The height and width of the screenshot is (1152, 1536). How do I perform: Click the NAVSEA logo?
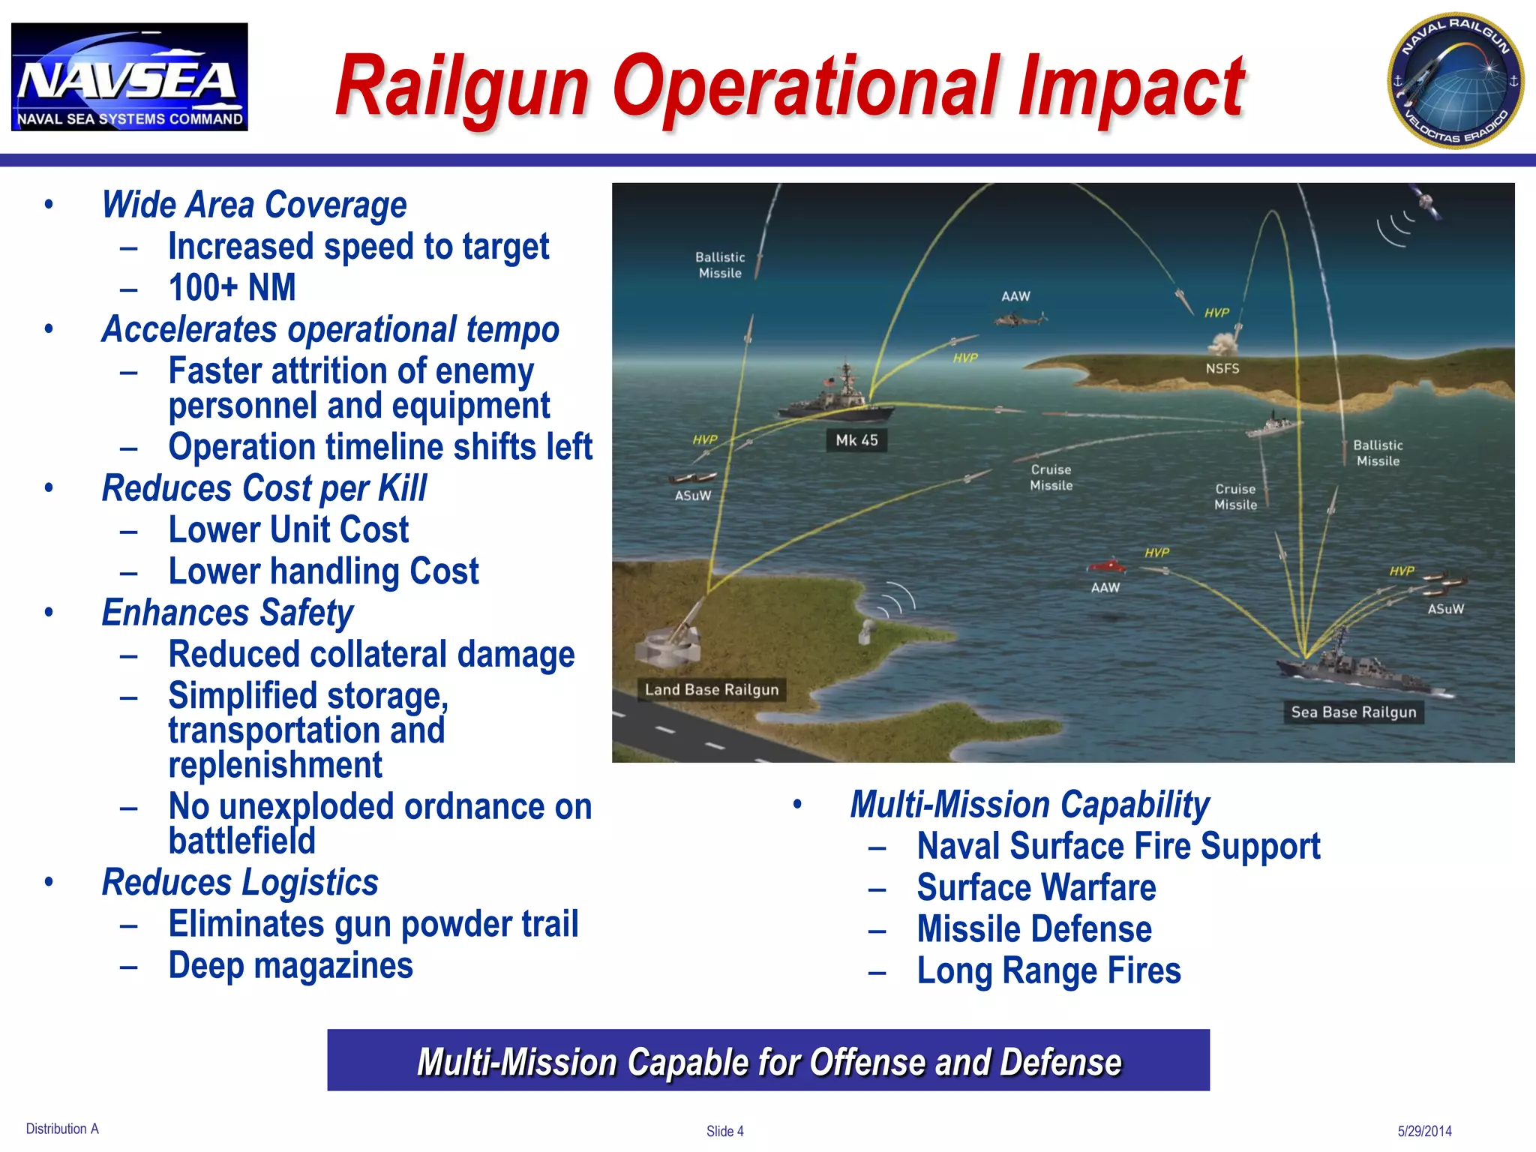[129, 76]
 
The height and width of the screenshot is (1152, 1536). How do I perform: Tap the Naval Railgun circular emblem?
[1454, 80]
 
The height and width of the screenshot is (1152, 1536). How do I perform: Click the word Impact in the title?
[1131, 87]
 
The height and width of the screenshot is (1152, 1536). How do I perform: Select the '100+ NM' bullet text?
[232, 287]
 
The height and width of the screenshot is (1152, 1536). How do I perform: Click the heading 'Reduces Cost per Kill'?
[264, 488]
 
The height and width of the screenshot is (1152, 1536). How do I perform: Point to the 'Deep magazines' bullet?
[290, 965]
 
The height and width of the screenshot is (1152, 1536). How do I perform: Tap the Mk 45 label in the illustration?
[856, 440]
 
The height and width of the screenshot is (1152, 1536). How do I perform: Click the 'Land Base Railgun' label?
[712, 689]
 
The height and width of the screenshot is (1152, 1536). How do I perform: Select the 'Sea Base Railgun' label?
[1353, 712]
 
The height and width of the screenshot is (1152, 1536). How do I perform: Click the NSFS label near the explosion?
[1222, 368]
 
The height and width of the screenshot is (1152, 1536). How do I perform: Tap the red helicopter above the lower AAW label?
[1106, 565]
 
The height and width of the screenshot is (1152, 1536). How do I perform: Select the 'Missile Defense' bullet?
[1033, 929]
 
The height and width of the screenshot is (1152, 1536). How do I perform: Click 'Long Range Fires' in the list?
[1048, 970]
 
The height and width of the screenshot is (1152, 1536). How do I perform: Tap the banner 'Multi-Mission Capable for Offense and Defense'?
[768, 1060]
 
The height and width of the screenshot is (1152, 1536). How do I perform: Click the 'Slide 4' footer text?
[724, 1131]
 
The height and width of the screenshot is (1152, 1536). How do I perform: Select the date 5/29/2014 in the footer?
[1424, 1131]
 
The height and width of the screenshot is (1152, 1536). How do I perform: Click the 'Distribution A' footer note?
[62, 1129]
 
